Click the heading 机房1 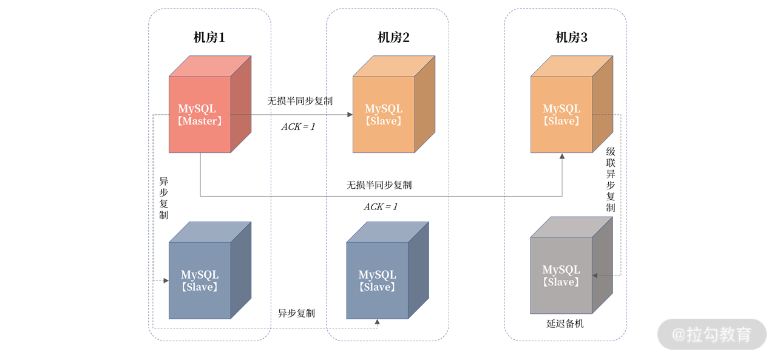click(209, 38)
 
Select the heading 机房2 click(393, 38)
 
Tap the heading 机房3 click(571, 38)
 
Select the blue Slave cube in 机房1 click(200, 280)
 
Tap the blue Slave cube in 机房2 click(378, 280)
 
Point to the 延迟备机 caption click(565, 324)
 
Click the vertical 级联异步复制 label click(611, 179)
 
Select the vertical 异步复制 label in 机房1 click(164, 198)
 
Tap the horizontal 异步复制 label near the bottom click(296, 313)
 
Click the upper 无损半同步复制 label click(300, 101)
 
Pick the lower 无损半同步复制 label click(379, 185)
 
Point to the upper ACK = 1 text click(298, 127)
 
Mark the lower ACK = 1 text click(381, 206)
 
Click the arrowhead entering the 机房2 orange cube click(350, 114)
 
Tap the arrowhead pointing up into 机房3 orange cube click(562, 157)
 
